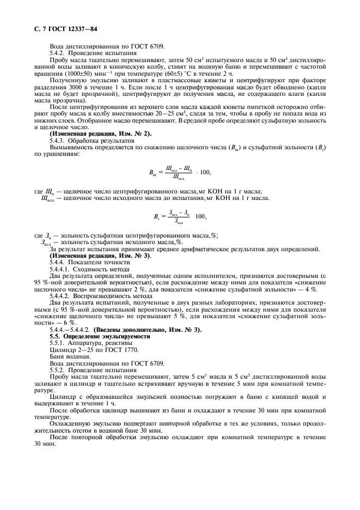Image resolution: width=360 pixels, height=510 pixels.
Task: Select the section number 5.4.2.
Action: tap(59, 54)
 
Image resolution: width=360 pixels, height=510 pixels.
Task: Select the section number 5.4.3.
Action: tap(59, 141)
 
